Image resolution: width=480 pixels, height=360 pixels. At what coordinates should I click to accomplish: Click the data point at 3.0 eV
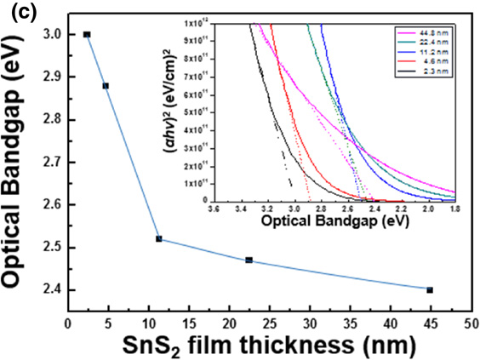coord(87,34)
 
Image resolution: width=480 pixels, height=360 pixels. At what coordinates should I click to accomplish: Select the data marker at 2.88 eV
coord(106,85)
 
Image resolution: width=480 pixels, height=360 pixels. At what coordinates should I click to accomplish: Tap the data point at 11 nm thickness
coord(158,238)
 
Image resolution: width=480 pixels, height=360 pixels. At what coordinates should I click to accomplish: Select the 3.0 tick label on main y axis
coord(50,34)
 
